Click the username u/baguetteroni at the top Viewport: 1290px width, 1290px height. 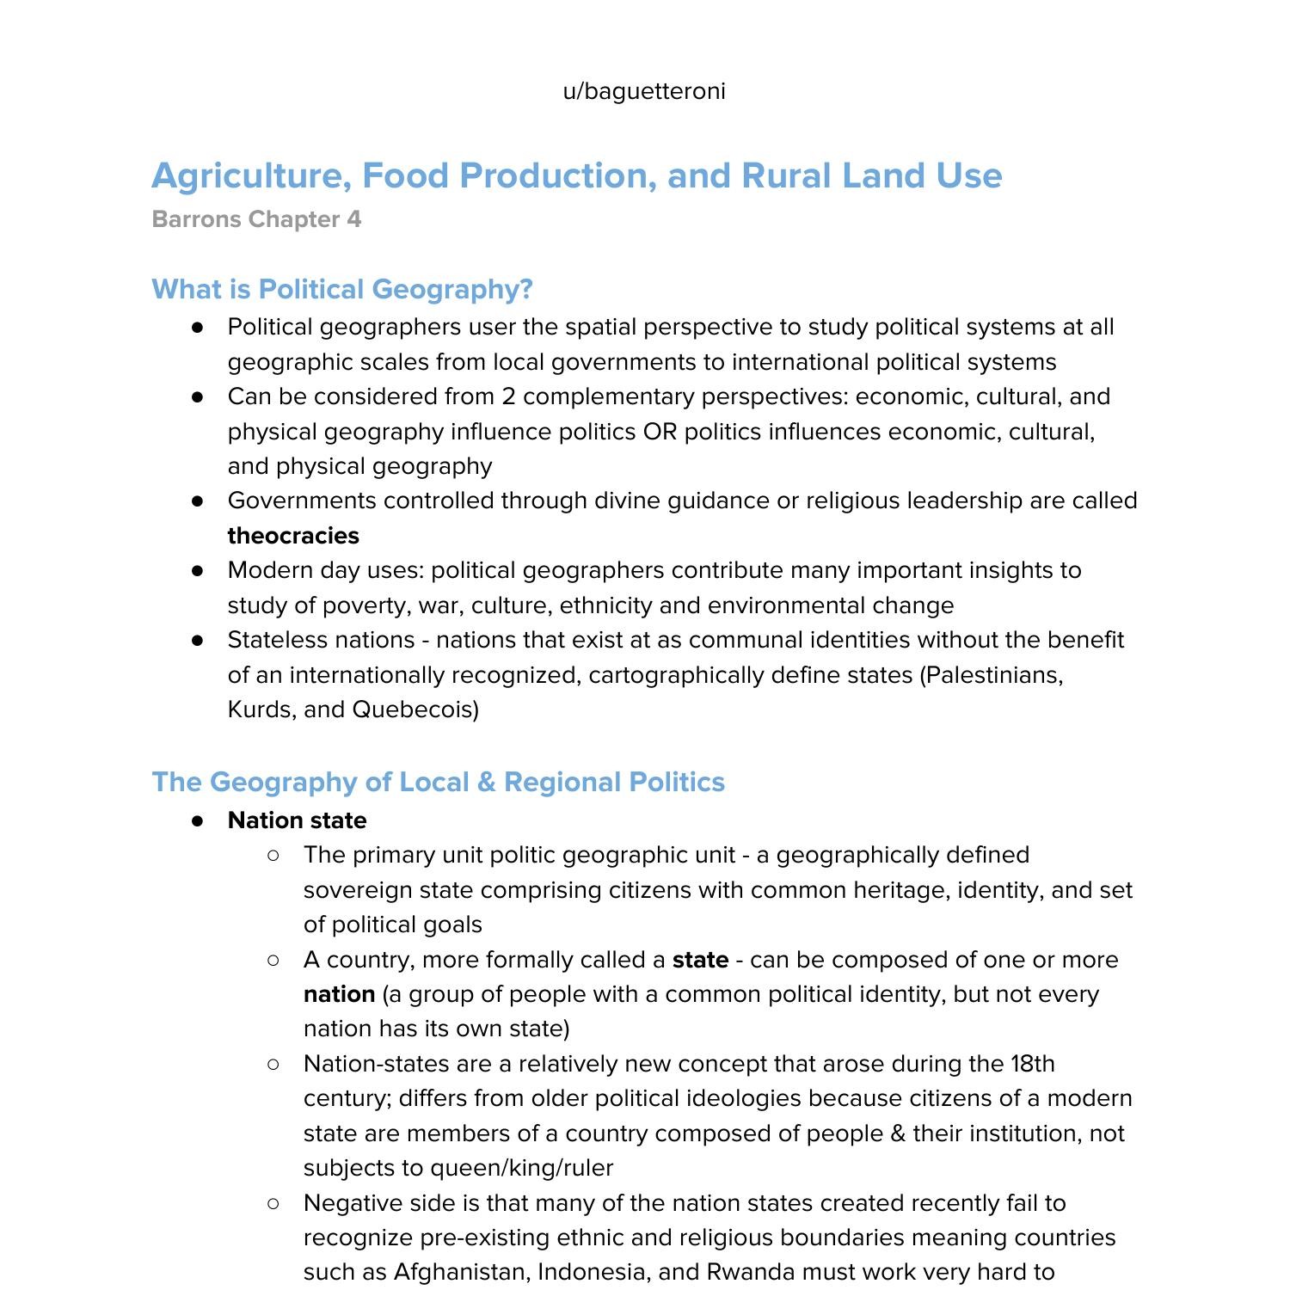point(644,91)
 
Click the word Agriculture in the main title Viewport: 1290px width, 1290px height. point(250,176)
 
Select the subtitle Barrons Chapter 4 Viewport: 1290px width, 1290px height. point(256,219)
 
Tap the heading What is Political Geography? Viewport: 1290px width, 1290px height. point(342,289)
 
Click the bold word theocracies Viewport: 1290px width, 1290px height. point(293,536)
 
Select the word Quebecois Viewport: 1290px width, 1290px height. point(415,709)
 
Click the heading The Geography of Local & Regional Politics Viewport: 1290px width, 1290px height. point(439,782)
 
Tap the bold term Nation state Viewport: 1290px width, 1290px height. point(297,820)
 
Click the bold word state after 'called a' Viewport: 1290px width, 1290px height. point(700,960)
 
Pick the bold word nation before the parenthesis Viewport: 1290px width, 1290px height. point(339,995)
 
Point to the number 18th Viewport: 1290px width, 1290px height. point(1032,1064)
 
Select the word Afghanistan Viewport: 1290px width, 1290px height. point(461,1272)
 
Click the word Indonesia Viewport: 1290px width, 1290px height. point(594,1272)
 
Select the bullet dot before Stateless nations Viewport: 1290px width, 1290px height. point(198,640)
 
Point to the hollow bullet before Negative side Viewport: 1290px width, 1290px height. point(273,1203)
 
